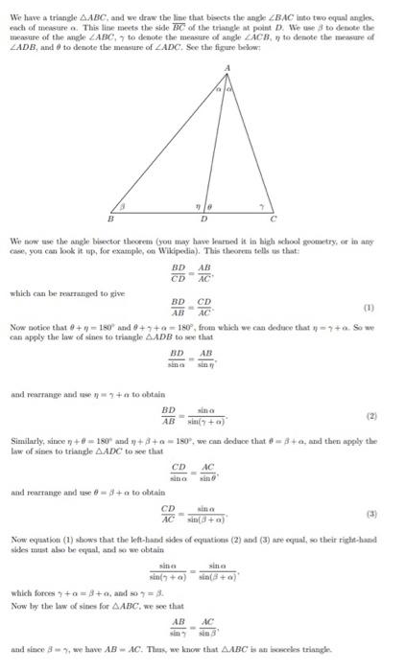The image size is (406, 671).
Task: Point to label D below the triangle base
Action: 200,219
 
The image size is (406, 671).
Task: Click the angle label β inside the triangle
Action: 122,204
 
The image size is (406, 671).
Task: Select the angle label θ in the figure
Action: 205,204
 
